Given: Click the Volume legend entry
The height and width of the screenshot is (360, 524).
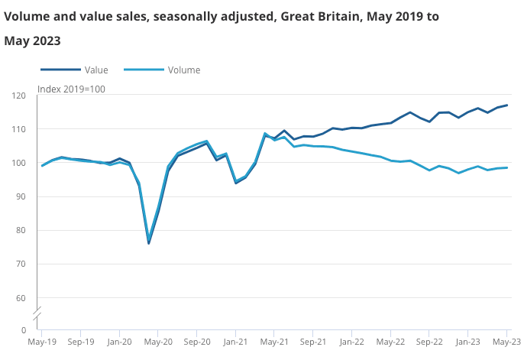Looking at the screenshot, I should [x=183, y=70].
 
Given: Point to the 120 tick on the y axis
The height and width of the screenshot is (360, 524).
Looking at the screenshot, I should [x=20, y=96].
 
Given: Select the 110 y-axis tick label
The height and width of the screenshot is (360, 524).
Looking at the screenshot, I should [x=20, y=129].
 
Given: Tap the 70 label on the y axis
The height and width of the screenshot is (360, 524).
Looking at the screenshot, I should [x=22, y=264].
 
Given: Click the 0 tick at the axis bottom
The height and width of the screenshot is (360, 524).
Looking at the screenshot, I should [x=24, y=330].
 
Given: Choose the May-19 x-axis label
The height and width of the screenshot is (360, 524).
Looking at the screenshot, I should [x=41, y=343].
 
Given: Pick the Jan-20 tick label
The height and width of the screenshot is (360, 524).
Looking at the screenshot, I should [x=119, y=343].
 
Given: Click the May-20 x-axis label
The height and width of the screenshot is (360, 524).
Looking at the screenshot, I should [x=158, y=343].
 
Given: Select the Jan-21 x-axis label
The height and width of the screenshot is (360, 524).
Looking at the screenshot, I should [x=235, y=343].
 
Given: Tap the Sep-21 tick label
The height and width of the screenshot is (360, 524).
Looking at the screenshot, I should [x=313, y=343].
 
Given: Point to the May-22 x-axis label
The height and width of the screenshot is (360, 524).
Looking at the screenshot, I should [x=390, y=343].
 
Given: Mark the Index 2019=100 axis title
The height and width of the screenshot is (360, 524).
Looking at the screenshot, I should [x=71, y=89].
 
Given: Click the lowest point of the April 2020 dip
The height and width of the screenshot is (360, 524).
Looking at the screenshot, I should [x=149, y=242].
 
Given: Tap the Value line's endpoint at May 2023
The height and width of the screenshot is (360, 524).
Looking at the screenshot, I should [x=507, y=105].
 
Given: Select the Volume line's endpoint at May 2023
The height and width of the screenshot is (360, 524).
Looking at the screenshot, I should [x=507, y=167].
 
